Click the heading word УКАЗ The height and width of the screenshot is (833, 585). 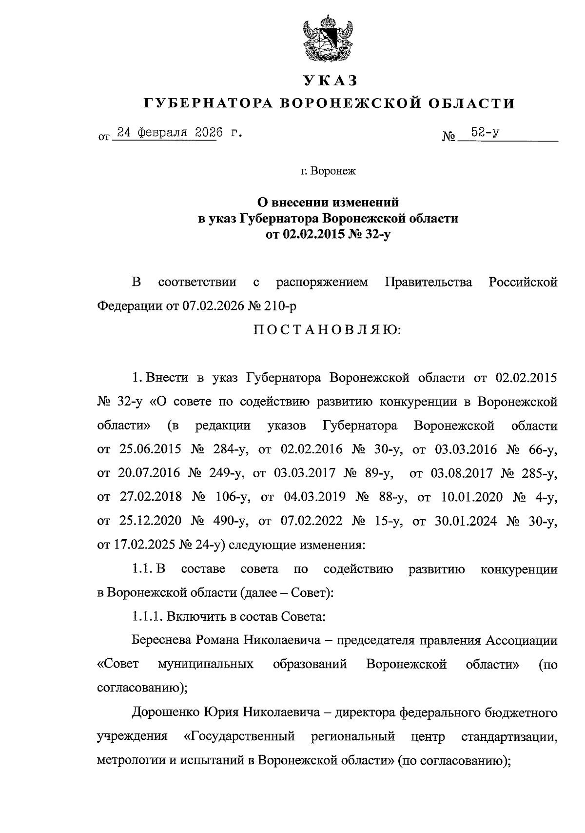330,80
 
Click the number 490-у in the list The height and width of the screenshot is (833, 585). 230,521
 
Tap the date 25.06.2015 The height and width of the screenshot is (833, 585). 150,449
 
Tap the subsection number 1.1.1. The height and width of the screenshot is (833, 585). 147,616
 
